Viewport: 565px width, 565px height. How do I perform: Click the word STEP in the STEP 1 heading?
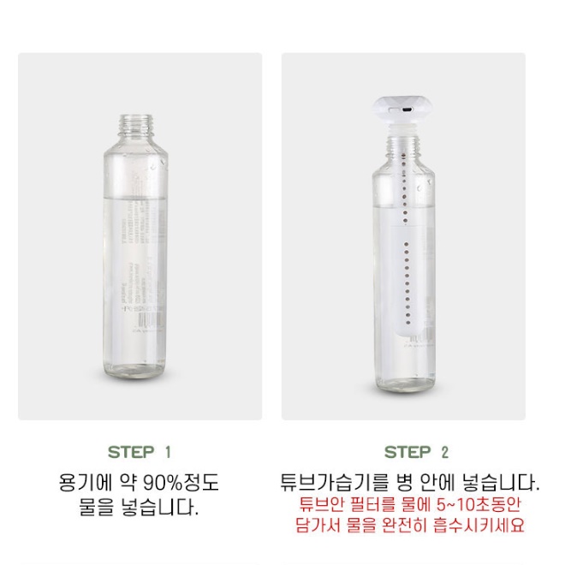click(x=131, y=452)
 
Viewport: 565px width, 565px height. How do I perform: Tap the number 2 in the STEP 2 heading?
click(x=444, y=452)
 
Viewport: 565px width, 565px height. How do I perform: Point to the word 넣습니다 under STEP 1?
click(x=158, y=508)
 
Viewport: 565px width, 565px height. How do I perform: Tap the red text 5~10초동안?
click(x=479, y=504)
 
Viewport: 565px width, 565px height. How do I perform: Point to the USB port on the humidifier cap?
click(x=408, y=110)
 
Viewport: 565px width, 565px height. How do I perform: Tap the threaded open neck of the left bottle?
click(x=136, y=125)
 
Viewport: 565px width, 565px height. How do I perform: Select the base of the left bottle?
click(x=135, y=374)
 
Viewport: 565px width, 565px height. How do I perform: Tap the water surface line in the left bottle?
click(x=135, y=197)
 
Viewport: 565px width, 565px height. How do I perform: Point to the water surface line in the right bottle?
click(x=403, y=205)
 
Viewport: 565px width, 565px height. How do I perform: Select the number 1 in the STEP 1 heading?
click(x=168, y=452)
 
